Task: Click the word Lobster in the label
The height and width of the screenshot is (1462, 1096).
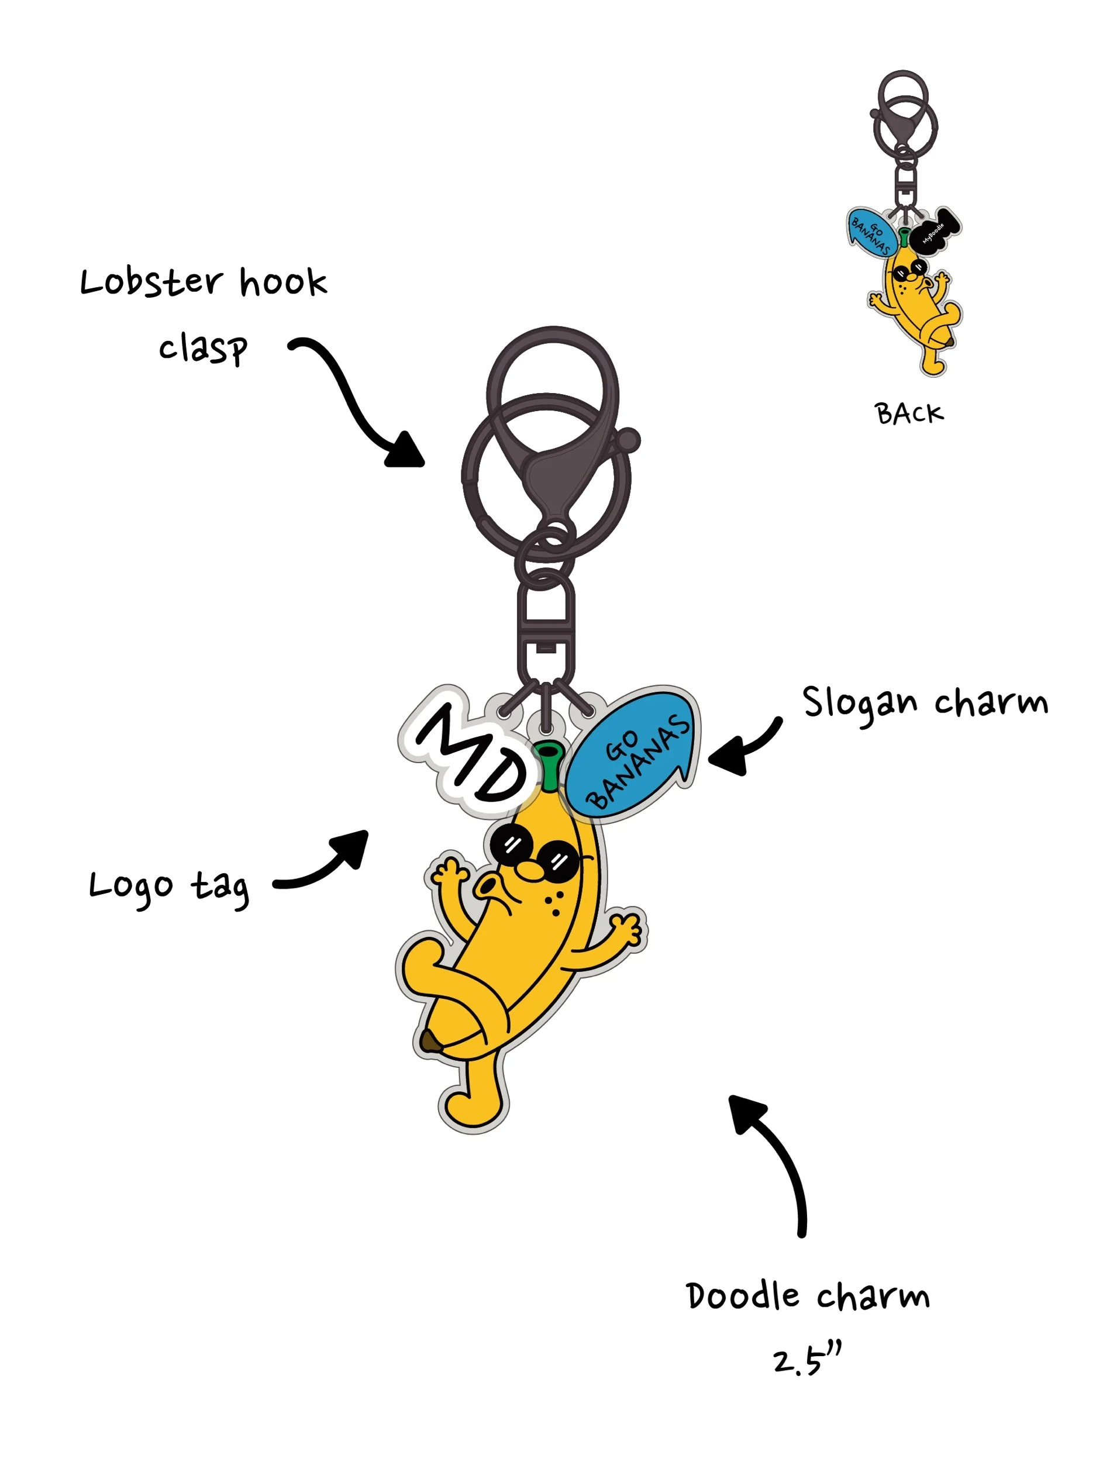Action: pyautogui.click(x=151, y=283)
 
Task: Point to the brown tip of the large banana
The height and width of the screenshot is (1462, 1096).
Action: pyautogui.click(x=430, y=1041)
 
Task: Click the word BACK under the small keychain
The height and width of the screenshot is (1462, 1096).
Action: pyautogui.click(x=909, y=414)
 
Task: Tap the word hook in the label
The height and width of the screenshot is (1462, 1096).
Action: pyautogui.click(x=283, y=283)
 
